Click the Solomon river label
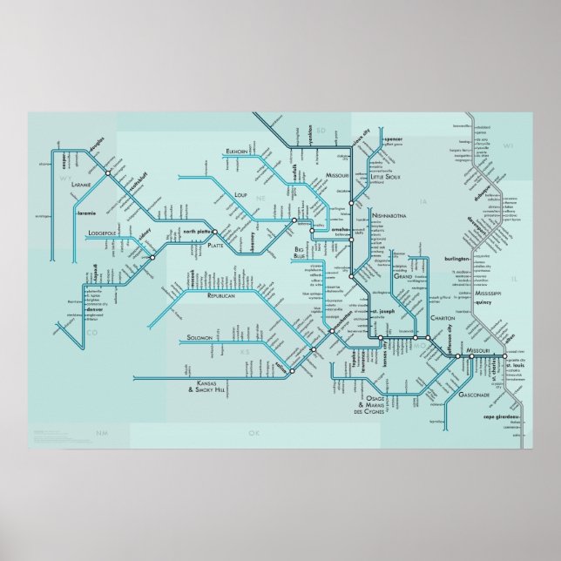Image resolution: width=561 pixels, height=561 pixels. click(206, 337)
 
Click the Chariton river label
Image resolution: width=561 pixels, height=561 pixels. click(442, 319)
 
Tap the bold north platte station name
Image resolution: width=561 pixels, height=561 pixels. click(197, 231)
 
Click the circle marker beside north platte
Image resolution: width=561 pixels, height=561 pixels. click(215, 233)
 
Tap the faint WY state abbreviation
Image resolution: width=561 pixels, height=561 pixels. click(64, 178)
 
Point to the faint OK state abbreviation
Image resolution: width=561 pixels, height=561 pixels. click(253, 433)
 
